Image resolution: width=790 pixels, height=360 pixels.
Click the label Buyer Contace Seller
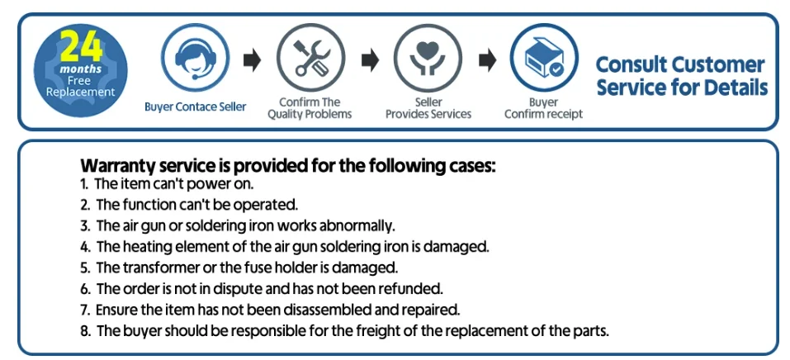[x=195, y=107]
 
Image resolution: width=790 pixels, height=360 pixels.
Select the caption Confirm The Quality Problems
[x=310, y=108]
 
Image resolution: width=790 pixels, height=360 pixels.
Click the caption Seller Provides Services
[x=428, y=108]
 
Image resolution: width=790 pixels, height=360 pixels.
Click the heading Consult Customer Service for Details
[x=681, y=76]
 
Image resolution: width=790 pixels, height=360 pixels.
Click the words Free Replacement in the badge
[x=81, y=87]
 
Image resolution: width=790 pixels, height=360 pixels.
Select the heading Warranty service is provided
[x=288, y=165]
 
